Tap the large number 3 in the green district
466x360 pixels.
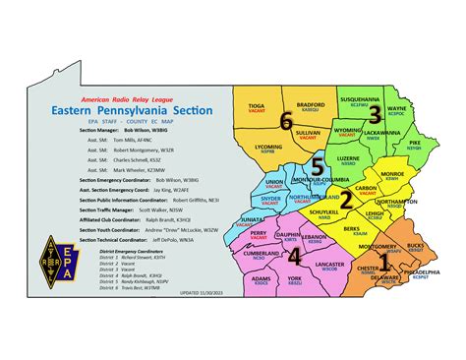point(374,113)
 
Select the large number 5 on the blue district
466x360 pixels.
point(317,164)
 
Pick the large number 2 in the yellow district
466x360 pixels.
point(345,201)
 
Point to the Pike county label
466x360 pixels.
point(414,144)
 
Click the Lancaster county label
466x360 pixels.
point(328,265)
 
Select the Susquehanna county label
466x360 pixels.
point(359,99)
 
